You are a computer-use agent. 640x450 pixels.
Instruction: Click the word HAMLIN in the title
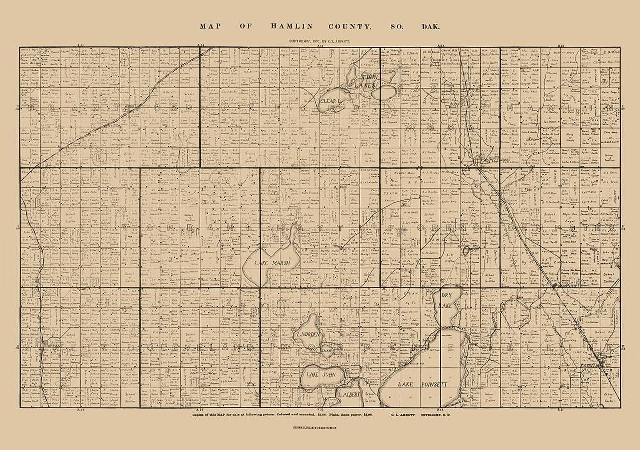292,27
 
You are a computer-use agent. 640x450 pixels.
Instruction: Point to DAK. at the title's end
430,27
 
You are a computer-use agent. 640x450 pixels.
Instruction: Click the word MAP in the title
210,27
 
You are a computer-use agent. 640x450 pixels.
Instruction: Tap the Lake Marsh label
272,263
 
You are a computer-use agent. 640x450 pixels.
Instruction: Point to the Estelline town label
592,365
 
